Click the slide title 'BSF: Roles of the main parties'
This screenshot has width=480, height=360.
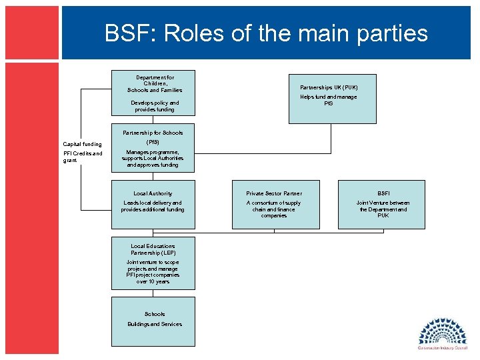[x=266, y=33]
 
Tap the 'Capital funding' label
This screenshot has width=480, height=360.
[x=82, y=144]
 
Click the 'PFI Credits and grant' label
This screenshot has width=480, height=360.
[x=82, y=157]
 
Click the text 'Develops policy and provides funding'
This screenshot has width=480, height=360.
[x=154, y=107]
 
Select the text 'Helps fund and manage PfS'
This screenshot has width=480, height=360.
[x=328, y=100]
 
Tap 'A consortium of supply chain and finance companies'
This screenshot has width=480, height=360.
[x=274, y=209]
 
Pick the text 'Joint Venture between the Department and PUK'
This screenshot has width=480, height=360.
[x=383, y=209]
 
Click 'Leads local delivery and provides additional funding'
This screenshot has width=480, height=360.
[x=153, y=206]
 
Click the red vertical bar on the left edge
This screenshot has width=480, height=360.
[x=31, y=200]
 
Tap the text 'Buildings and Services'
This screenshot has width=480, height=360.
[x=154, y=324]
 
